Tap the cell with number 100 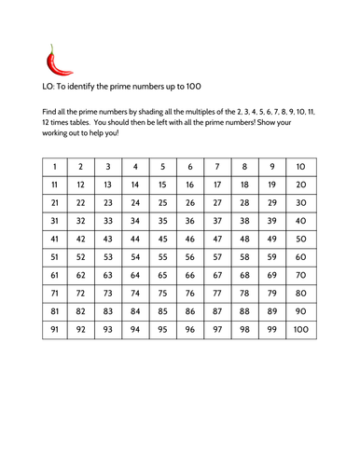(x=299, y=329)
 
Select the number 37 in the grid (x=217, y=221)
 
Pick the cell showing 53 (x=109, y=256)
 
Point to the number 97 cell (x=217, y=329)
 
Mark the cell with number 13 (x=109, y=185)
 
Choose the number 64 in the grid (x=136, y=275)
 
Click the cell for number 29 (x=272, y=202)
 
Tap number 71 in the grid (x=55, y=293)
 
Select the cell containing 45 (x=163, y=239)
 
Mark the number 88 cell (x=244, y=311)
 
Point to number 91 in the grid (x=55, y=329)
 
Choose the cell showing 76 (x=190, y=293)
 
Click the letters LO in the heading (x=50, y=88)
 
